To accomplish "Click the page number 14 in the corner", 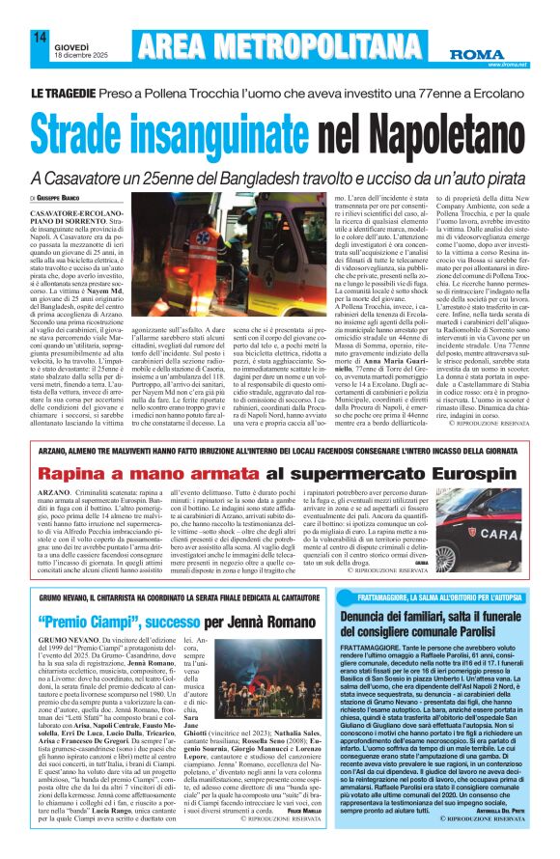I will [40, 38].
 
